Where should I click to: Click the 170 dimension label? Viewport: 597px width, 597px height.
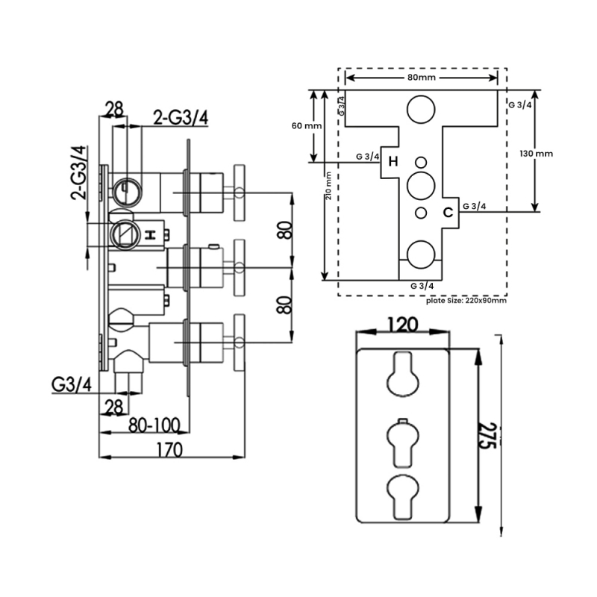(x=169, y=450)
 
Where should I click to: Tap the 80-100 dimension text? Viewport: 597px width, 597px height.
(x=154, y=425)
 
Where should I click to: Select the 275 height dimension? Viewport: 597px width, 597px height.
(x=488, y=435)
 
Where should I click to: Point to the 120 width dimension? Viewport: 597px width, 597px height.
(x=403, y=325)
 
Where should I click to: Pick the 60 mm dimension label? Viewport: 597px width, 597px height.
(x=307, y=125)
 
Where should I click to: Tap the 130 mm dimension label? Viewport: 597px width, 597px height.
(x=536, y=154)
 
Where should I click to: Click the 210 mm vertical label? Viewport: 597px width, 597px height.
(x=328, y=185)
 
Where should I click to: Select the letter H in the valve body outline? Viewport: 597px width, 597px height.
(x=393, y=162)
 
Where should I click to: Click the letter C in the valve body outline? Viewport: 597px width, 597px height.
(x=448, y=212)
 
